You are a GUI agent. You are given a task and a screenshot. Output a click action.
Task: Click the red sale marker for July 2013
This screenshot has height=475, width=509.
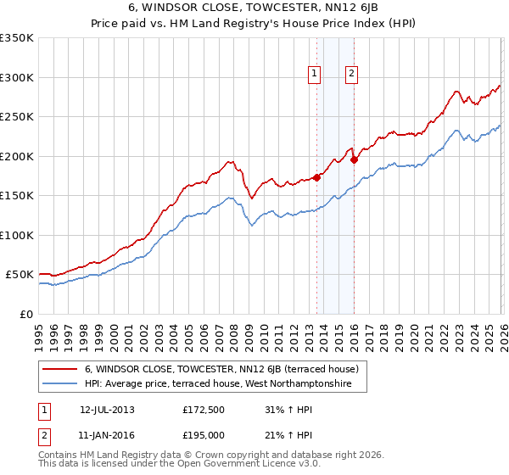pyautogui.click(x=316, y=177)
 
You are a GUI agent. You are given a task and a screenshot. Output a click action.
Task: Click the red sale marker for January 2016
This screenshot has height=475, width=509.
pyautogui.click(x=354, y=159)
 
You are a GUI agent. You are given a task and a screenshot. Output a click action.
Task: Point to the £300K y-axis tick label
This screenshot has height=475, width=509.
pyautogui.click(x=17, y=77)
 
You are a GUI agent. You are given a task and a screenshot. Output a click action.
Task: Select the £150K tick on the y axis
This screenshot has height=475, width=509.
pyautogui.click(x=17, y=195)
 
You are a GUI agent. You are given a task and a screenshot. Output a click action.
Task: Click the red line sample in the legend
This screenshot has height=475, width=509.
pyautogui.click(x=60, y=369)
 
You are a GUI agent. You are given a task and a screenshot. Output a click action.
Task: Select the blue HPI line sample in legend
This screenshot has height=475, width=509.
pyautogui.click(x=60, y=384)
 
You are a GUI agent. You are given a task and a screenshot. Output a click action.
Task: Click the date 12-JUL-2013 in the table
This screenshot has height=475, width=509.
pyautogui.click(x=107, y=409)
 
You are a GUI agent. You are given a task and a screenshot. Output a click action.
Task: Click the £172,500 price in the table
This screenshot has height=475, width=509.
pyautogui.click(x=204, y=409)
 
